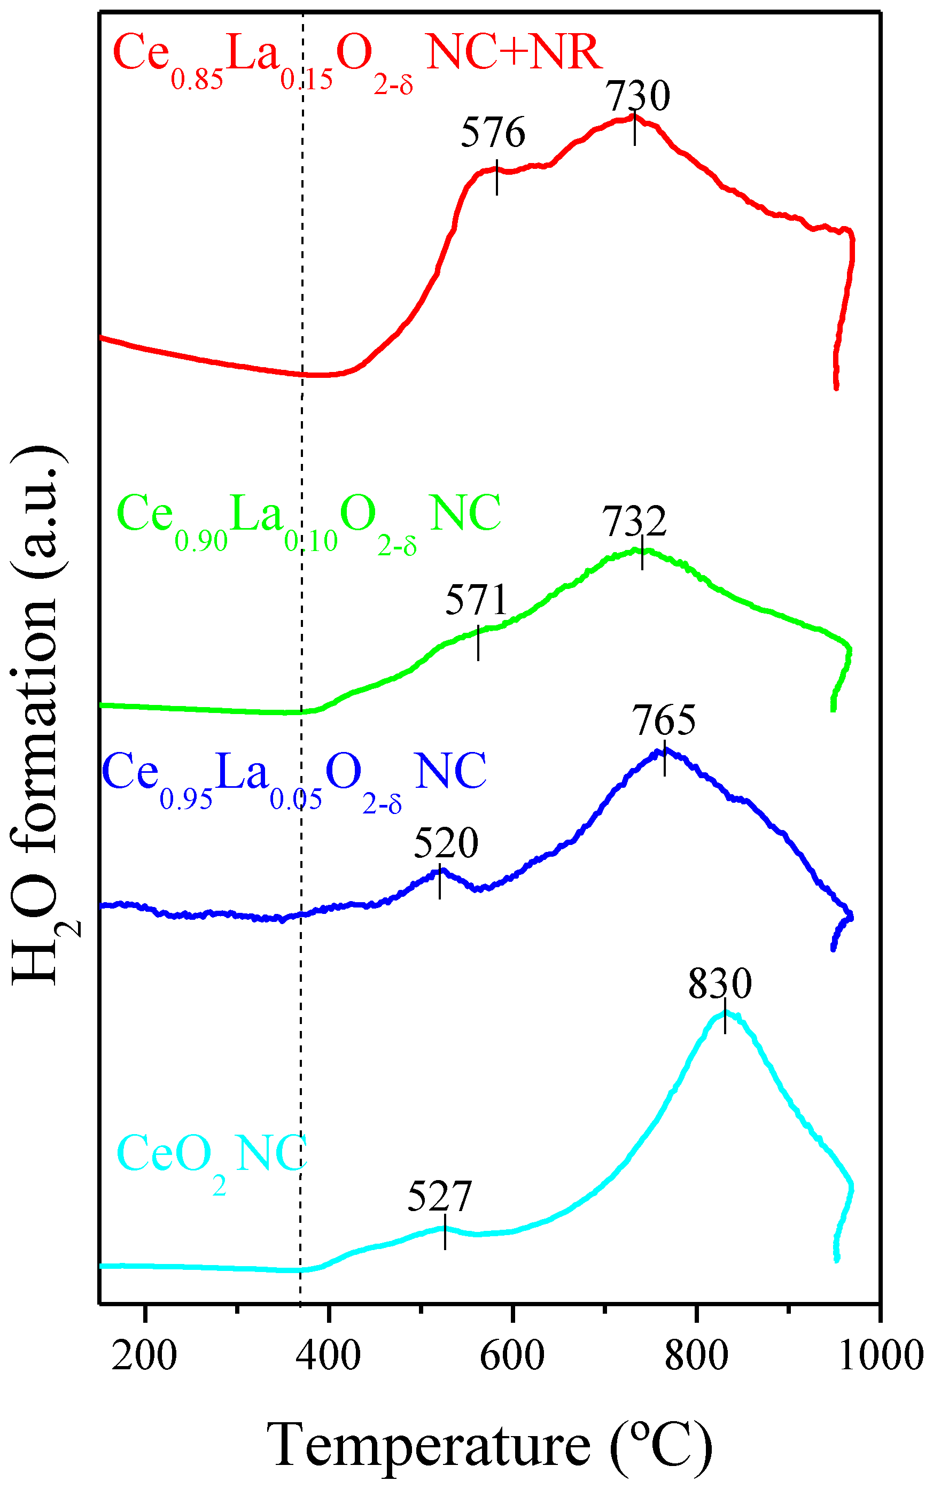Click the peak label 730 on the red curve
point(637,96)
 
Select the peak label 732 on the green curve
point(634,522)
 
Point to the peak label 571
point(476,599)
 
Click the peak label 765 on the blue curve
point(663,719)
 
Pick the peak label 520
point(446,843)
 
